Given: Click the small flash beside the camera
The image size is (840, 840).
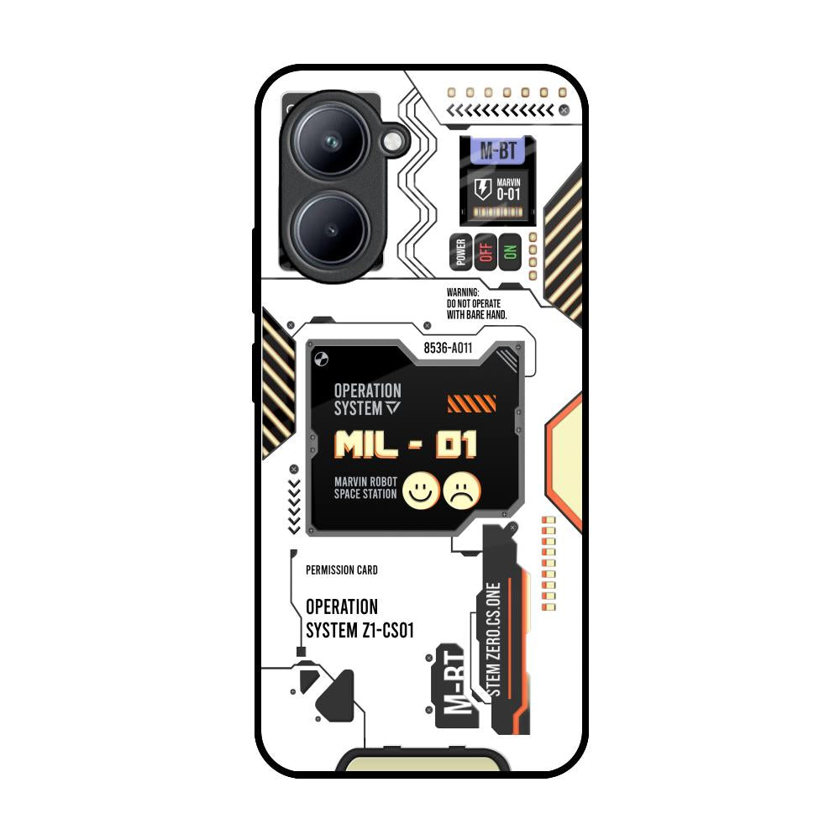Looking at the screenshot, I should click(394, 142).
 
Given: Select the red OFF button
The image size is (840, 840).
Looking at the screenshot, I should click(485, 252).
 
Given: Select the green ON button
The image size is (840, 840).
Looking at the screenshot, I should click(510, 252).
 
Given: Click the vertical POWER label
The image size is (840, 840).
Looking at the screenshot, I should click(460, 252).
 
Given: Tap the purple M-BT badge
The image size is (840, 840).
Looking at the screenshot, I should click(499, 151).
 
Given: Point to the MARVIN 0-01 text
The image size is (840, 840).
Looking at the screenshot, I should click(508, 189).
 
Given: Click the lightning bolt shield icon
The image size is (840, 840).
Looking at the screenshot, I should click(483, 188).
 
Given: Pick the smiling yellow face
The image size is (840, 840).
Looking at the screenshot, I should click(420, 491).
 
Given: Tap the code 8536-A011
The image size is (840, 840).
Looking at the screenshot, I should click(448, 347).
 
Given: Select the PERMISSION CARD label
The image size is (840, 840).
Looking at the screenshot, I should click(342, 570).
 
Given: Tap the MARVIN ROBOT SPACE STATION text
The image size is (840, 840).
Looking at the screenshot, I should click(365, 488).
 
